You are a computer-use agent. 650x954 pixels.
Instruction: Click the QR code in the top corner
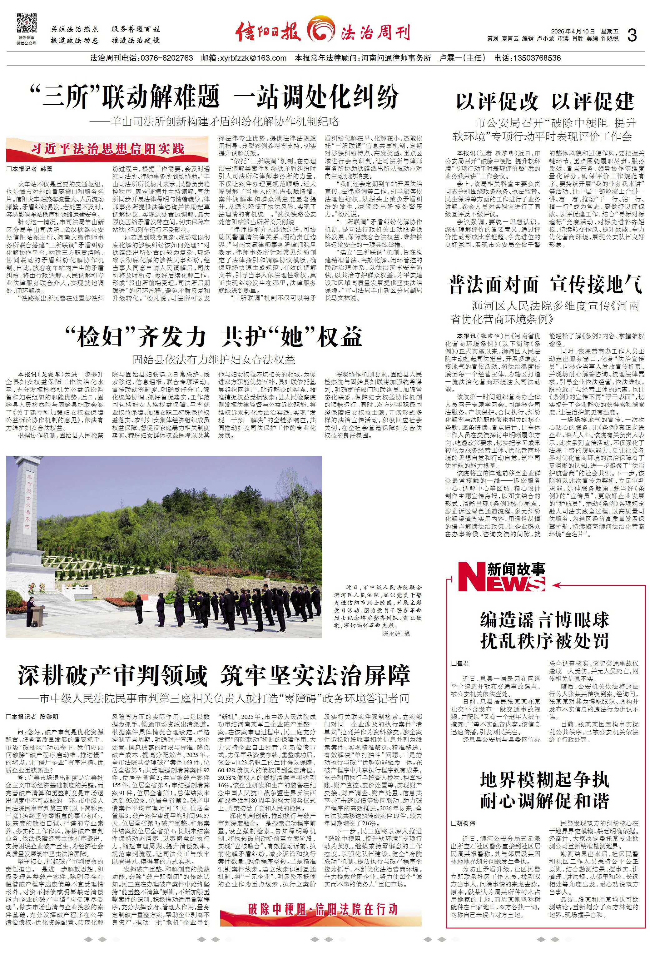[26, 23]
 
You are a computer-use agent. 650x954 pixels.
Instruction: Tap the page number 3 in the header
[632, 36]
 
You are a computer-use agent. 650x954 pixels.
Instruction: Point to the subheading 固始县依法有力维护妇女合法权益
[214, 360]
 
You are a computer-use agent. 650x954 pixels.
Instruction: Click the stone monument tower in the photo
[29, 529]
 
